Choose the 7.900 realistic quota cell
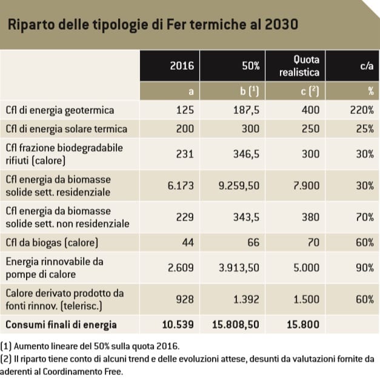[x=306, y=185]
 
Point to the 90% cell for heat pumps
[x=364, y=268]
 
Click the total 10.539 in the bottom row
[x=178, y=325]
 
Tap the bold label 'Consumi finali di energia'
[x=61, y=325]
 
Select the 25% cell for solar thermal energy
[x=364, y=129]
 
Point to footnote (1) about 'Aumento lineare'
[x=91, y=346]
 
